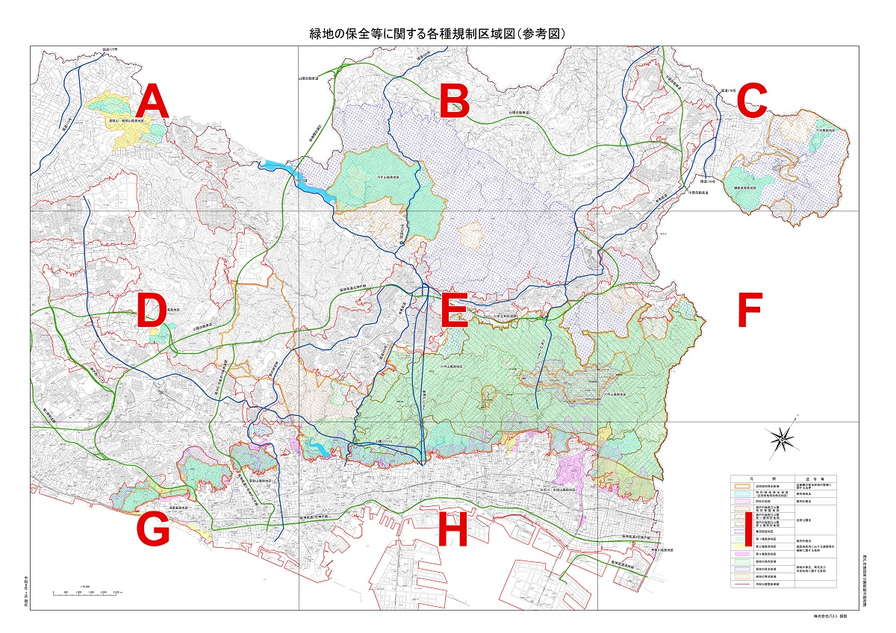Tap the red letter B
pyautogui.click(x=453, y=102)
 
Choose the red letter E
pyautogui.click(x=453, y=311)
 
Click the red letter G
pyautogui.click(x=153, y=531)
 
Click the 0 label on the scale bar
pyautogui.click(x=54, y=591)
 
